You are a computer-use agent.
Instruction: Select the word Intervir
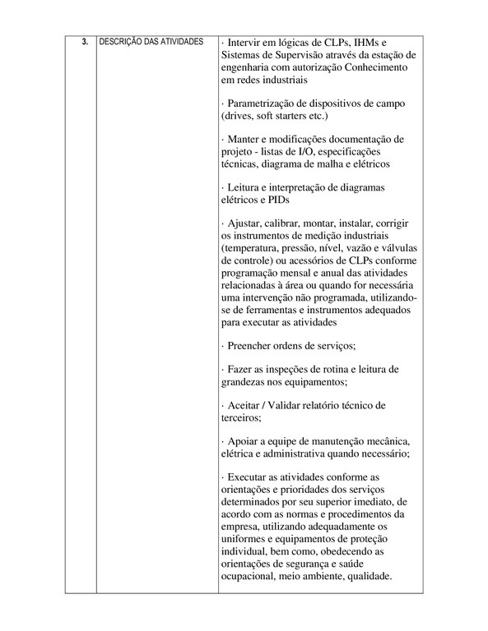[x=246, y=42]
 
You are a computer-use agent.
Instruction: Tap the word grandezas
[x=248, y=382]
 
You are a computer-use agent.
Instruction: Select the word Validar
[x=294, y=405]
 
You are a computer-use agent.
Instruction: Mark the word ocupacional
[x=253, y=575]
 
